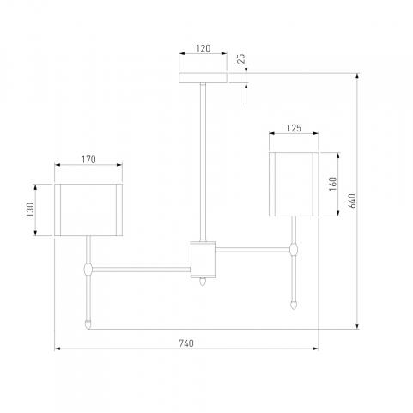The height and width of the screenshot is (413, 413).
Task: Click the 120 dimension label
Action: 203,48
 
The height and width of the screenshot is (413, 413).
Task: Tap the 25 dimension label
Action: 241,58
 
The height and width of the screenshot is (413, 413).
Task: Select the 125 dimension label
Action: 294,128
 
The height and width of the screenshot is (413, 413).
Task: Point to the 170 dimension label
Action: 88,160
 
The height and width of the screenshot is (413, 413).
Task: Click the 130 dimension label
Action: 30,210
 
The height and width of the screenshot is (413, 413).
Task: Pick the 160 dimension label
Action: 333,184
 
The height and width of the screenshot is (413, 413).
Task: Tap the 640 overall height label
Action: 352,200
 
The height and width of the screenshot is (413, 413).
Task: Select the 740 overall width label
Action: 186,343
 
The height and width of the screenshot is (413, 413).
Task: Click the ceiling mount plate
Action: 203,78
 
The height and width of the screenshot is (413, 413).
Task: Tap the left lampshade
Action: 88,210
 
